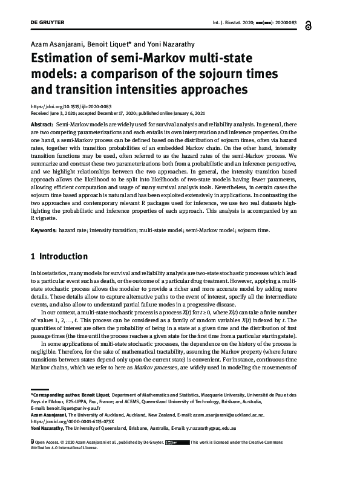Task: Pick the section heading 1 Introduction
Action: [59, 257]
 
